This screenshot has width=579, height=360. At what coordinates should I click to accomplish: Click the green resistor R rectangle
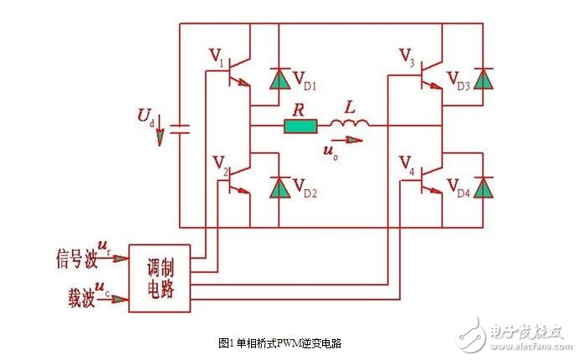point(301,127)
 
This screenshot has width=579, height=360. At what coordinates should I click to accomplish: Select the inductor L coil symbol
point(346,126)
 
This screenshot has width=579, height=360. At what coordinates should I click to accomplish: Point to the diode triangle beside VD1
point(276,79)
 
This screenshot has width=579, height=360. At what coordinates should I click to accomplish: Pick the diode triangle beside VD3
point(481,79)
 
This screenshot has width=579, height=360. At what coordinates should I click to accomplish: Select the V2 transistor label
point(219,164)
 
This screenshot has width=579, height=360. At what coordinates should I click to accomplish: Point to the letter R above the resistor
point(298,108)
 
